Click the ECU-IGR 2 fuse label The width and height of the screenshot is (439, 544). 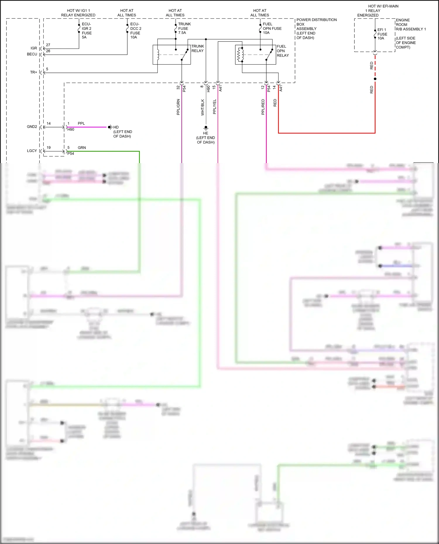point(86,31)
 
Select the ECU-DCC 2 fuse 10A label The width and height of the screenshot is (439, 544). point(136,31)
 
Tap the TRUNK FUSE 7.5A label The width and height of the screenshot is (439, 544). point(184,28)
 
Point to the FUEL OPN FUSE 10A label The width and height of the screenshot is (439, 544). point(272,28)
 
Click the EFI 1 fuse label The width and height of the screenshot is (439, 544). point(382,34)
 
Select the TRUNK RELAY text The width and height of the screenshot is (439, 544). point(198,49)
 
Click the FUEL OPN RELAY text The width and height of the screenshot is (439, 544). point(282,51)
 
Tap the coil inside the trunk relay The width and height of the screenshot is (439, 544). point(158,55)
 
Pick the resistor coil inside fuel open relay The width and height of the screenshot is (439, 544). point(240,55)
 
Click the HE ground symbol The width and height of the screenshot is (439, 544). point(206,128)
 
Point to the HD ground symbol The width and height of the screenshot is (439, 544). point(110,127)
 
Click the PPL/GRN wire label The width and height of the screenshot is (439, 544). point(178,107)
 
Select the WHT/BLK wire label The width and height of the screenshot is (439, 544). point(202,107)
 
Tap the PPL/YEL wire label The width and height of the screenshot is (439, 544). point(214,107)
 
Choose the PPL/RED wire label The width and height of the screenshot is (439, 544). point(263,107)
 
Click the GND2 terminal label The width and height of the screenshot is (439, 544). point(32,127)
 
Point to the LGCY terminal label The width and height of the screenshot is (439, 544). point(32,151)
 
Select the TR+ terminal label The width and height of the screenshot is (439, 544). point(33,72)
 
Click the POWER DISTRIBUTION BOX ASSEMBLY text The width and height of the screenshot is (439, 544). point(316,29)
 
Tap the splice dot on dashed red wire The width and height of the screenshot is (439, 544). point(375,79)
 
